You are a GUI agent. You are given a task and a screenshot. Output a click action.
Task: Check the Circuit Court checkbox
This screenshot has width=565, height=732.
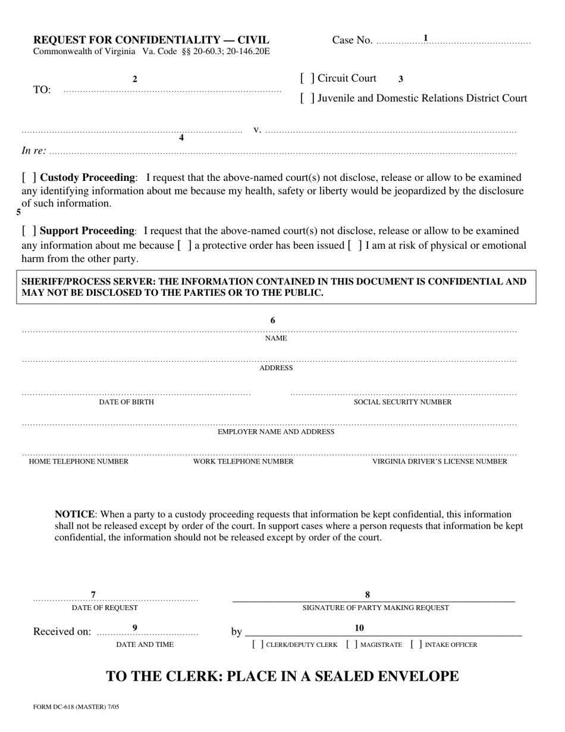click(307, 79)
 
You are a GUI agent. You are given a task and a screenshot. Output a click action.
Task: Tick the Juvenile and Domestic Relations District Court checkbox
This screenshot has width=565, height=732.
click(307, 99)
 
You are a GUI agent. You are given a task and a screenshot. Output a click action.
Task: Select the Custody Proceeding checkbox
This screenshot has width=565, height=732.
click(30, 178)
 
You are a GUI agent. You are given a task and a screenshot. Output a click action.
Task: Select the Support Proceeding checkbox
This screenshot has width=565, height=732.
click(30, 231)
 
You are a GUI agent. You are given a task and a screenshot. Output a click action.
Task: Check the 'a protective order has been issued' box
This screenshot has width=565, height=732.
click(185, 246)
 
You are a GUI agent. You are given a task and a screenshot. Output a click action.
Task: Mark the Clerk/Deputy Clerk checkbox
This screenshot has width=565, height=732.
click(258, 645)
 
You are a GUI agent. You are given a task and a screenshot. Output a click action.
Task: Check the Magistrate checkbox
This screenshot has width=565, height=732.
click(352, 645)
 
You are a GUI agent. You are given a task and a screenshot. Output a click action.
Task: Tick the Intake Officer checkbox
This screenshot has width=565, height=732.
click(416, 645)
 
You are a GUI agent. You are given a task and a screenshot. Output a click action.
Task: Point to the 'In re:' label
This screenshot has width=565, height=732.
click(34, 151)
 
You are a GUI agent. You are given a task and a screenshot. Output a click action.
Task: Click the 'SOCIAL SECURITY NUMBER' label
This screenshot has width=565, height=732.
click(403, 402)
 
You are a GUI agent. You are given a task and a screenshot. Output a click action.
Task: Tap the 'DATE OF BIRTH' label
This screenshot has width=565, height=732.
click(126, 402)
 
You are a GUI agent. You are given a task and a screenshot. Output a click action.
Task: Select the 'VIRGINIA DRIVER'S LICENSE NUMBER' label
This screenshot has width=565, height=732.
click(440, 462)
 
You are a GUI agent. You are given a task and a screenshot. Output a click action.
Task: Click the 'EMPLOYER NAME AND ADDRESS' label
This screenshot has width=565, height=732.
click(276, 432)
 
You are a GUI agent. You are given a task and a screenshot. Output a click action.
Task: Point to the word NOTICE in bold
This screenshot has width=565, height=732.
click(74, 514)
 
